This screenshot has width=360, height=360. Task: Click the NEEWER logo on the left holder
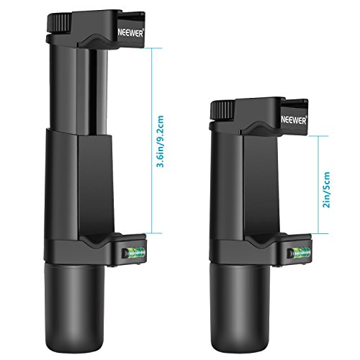tap(132, 32)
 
